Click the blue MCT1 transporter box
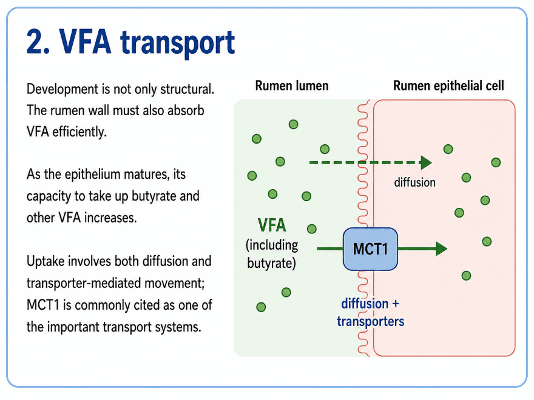point(370,249)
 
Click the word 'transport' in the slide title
point(177,43)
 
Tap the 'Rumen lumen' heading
point(292,85)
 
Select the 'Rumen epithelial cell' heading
point(448,85)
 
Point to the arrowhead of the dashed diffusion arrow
point(426,162)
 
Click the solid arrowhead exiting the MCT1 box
point(441,249)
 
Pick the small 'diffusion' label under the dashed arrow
point(415,182)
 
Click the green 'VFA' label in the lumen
point(272,225)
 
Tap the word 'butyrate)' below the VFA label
point(271,263)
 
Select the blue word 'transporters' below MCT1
point(371,321)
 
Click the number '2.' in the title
point(38,43)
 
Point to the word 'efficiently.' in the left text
point(79,132)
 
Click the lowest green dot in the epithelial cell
point(466,276)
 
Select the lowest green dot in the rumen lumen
point(261,307)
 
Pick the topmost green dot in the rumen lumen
point(293,124)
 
